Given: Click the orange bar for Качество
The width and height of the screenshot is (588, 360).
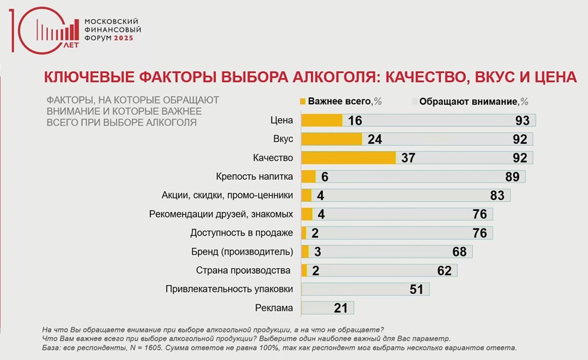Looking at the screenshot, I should point(348,158).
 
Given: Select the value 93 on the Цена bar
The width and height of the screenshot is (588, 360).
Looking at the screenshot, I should point(522,121).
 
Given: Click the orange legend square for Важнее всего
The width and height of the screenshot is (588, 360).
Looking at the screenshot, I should point(303,101).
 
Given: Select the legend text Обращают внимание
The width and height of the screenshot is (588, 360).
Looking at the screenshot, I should point(468,101).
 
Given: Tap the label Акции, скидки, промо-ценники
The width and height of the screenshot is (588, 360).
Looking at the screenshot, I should point(228,195).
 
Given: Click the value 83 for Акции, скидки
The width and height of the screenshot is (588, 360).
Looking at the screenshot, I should point(497,195).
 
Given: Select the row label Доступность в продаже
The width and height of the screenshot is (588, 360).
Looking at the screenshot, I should point(242,233).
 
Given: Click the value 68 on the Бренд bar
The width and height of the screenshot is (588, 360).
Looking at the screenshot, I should point(459,252).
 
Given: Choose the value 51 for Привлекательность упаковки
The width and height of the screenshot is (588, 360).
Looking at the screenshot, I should point(416,289).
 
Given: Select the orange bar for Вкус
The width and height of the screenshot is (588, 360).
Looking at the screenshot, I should point(332,139).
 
